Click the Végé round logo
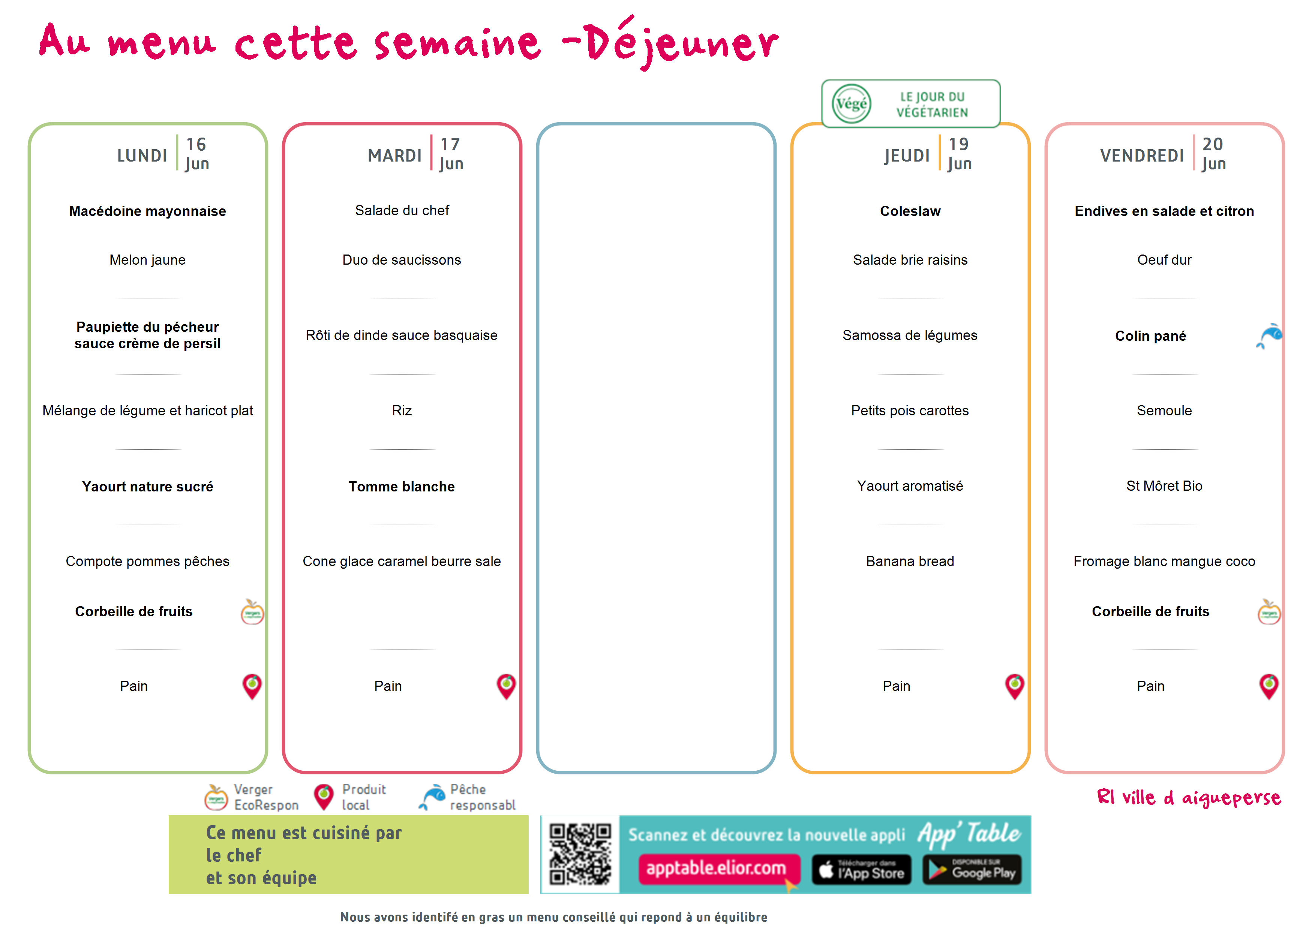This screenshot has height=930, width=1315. [851, 104]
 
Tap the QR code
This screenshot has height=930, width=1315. [580, 854]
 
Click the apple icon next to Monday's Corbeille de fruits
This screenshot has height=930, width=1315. [252, 612]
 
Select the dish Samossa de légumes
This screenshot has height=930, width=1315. [910, 335]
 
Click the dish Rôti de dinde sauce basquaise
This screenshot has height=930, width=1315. [402, 335]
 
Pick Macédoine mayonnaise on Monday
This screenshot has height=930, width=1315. [148, 211]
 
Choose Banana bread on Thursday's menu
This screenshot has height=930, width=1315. [910, 561]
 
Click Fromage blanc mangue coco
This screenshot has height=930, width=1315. [1164, 561]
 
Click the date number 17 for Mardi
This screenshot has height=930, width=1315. [450, 144]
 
